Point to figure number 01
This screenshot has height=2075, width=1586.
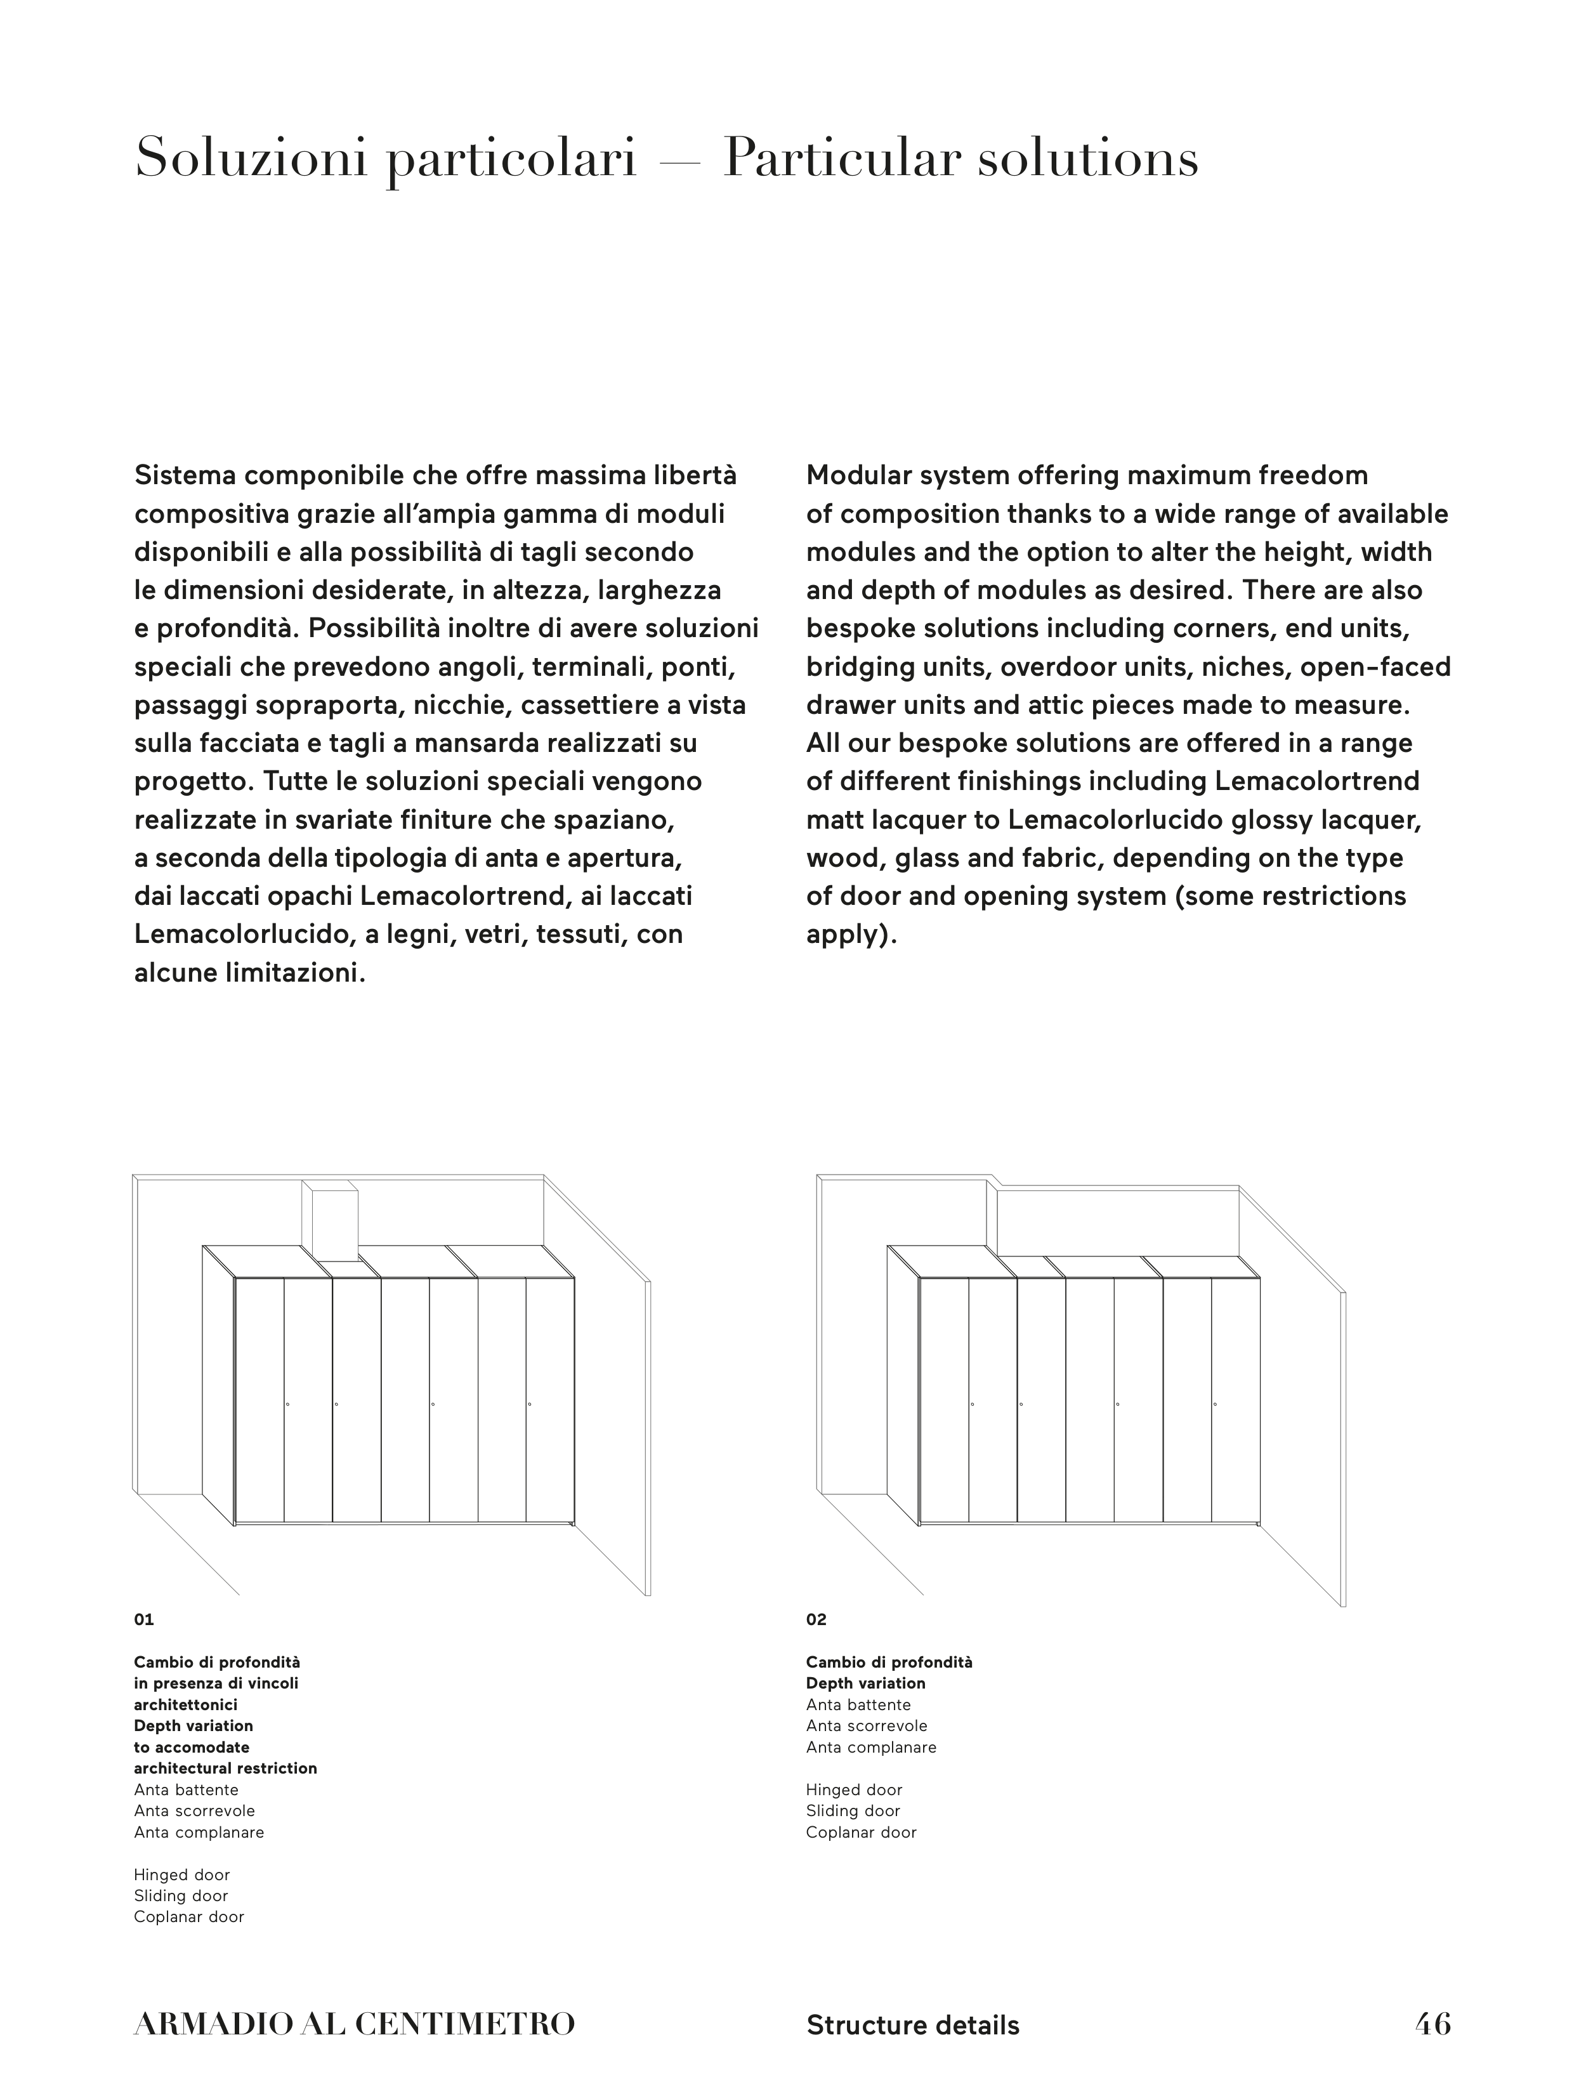coord(143,1620)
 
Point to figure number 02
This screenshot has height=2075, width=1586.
coord(816,1620)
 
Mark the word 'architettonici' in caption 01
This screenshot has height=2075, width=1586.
coord(185,1705)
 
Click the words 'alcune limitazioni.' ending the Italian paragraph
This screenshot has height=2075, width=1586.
coord(249,973)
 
